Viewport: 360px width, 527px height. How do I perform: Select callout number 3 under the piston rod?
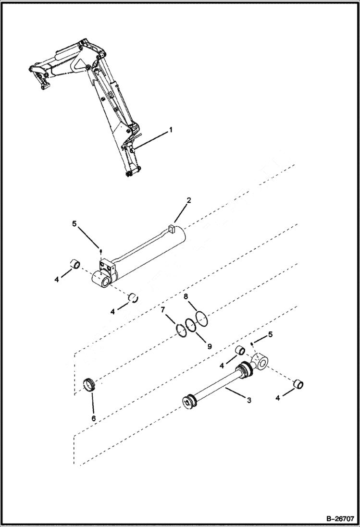pos(249,400)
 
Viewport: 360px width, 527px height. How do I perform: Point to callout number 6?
pos(94,418)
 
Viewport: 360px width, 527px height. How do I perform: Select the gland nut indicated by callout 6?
pos(91,385)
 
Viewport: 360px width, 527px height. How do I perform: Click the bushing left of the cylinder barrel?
pos(75,264)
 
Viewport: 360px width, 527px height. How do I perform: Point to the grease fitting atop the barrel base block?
pos(100,250)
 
